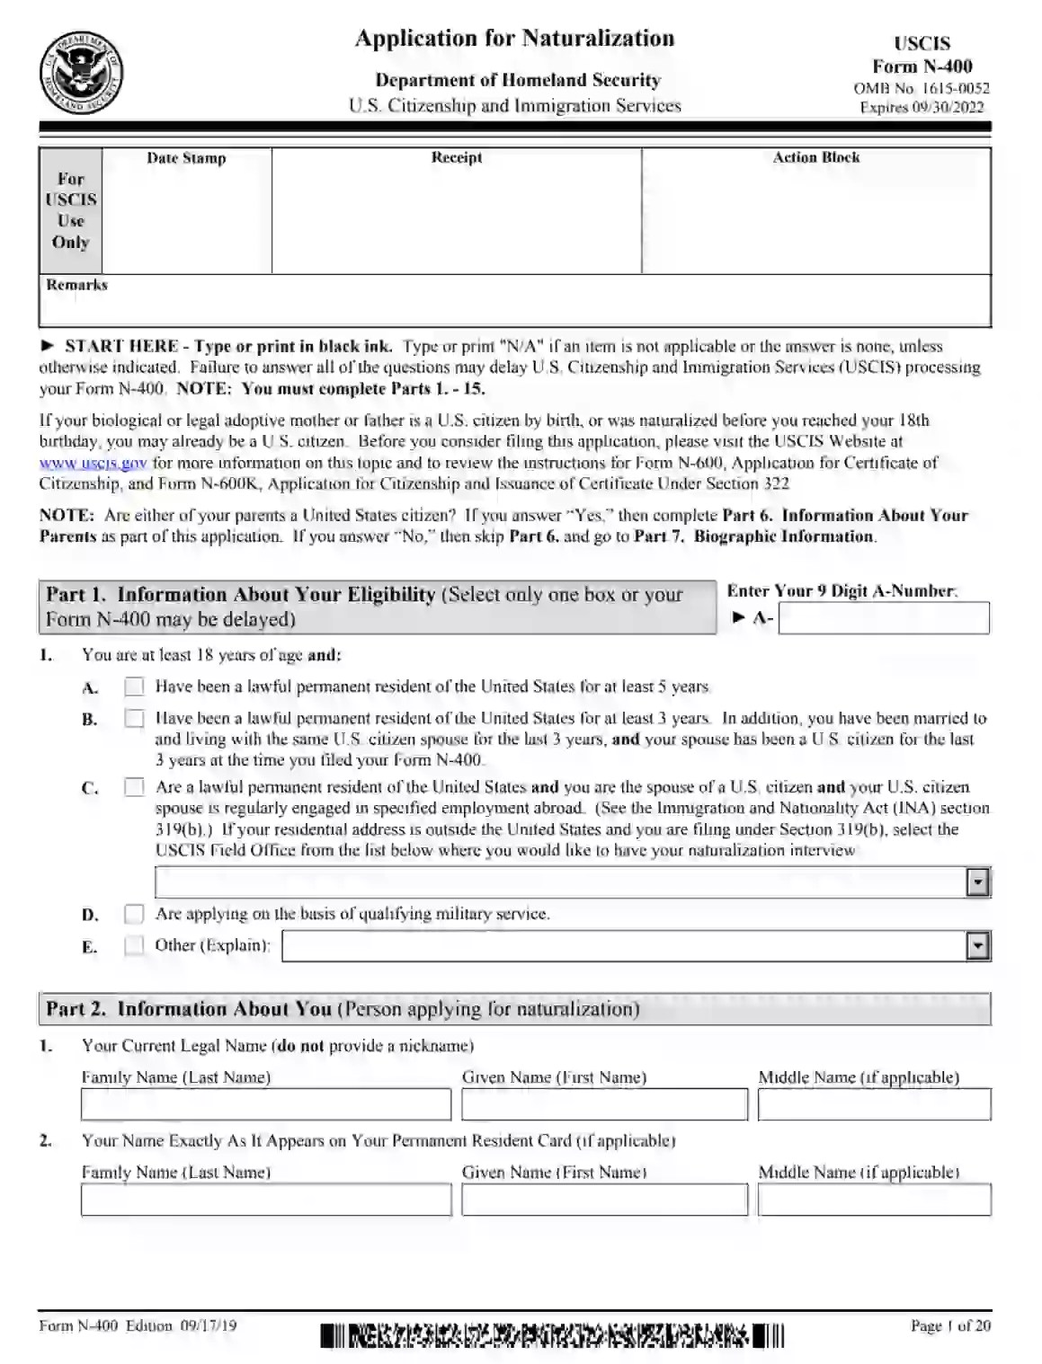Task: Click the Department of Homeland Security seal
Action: tap(82, 74)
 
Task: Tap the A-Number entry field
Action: tap(883, 618)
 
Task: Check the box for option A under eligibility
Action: tap(134, 686)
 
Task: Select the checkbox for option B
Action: tap(134, 719)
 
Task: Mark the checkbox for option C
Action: tap(134, 787)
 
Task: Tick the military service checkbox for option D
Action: tap(134, 914)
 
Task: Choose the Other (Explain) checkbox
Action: tap(134, 945)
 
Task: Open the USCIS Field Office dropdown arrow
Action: tap(976, 882)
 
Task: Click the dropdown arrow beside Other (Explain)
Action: tap(976, 945)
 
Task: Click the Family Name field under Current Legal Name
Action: tap(265, 1104)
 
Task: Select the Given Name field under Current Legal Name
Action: tap(604, 1104)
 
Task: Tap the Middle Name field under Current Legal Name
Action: tap(874, 1104)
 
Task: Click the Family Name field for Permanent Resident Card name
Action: tap(265, 1200)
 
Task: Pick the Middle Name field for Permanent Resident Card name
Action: tap(874, 1200)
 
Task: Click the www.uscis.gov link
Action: tap(93, 464)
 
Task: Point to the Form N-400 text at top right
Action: tap(922, 66)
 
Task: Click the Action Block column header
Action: tap(815, 158)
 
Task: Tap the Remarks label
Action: tap(76, 285)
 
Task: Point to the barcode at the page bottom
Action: tap(551, 1336)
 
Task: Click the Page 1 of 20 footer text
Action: tap(949, 1326)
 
